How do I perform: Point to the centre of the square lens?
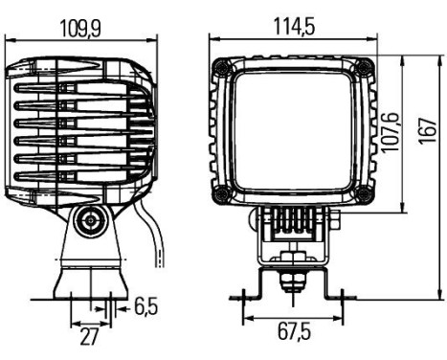click(x=294, y=130)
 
